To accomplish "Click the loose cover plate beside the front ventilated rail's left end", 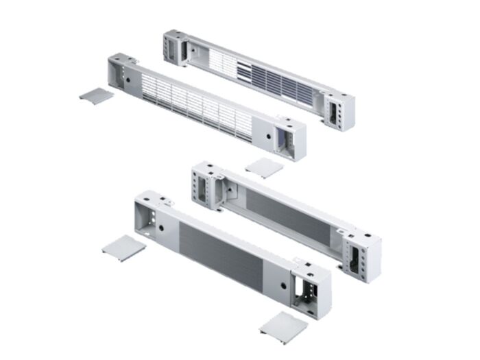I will pos(97,95).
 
